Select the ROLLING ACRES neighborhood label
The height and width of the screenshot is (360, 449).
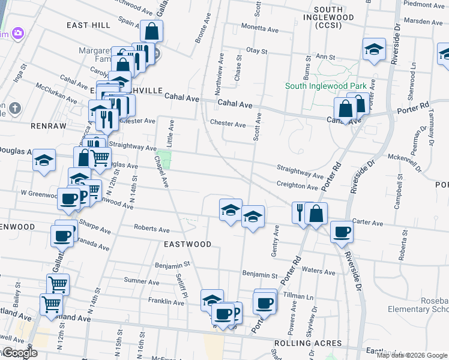point(307,344)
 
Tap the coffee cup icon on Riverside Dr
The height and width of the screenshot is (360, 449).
point(342,232)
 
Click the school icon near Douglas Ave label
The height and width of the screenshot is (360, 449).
point(44,160)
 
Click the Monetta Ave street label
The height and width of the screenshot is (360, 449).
point(260,28)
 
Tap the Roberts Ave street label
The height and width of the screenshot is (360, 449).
point(152,229)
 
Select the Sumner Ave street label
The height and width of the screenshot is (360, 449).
point(140,281)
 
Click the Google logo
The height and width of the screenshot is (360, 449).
point(19,353)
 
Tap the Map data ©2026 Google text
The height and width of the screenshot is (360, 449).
point(412,355)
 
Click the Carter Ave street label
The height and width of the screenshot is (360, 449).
point(367,223)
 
